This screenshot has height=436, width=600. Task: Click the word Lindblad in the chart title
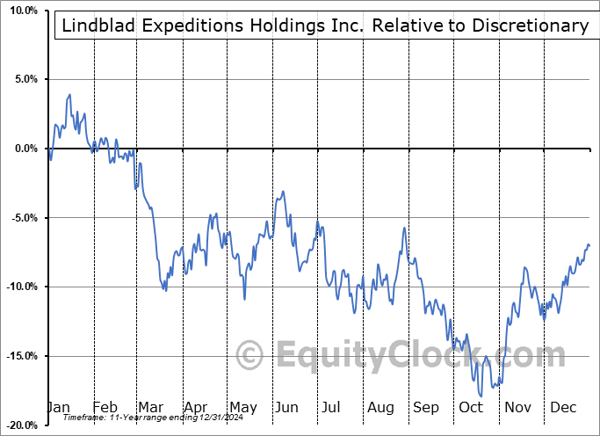[x=99, y=25]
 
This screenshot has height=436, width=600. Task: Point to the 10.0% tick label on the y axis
[x=21, y=11]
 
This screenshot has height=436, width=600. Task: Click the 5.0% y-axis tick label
[x=24, y=80]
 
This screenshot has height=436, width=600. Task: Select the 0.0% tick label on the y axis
[x=24, y=149]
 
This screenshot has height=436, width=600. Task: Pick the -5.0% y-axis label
[x=22, y=218]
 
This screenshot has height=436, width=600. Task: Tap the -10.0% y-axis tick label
[x=19, y=287]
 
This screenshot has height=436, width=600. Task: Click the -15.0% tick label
[x=19, y=356]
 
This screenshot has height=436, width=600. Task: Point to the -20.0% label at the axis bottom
[x=19, y=425]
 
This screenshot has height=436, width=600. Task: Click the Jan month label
[x=58, y=408]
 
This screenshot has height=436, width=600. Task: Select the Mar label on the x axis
[x=150, y=408]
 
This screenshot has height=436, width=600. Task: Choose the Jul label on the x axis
[x=331, y=408]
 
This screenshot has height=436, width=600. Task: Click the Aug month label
[x=380, y=408]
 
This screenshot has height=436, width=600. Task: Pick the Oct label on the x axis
[x=471, y=408]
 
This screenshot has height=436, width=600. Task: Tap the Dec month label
[x=562, y=408]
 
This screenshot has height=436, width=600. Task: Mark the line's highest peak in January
[x=69, y=95]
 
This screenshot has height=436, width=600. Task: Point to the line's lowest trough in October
[x=481, y=396]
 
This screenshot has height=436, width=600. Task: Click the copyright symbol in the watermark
[x=251, y=355]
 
